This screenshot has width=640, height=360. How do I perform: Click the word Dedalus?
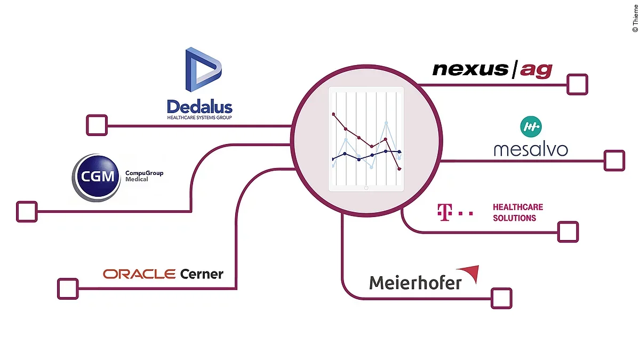(x=199, y=106)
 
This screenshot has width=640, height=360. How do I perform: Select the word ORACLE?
(x=139, y=274)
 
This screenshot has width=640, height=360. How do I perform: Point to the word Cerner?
(x=202, y=274)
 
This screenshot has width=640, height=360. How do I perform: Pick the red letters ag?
(x=536, y=70)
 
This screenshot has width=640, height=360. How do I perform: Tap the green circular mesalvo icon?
(x=531, y=126)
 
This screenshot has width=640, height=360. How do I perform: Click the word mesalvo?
(x=531, y=149)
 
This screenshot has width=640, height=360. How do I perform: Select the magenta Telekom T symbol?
(x=441, y=212)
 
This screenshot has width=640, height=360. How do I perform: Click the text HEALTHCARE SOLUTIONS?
(x=517, y=212)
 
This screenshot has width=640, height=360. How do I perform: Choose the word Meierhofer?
(x=415, y=282)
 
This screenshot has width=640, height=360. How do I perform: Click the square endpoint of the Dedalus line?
(x=97, y=125)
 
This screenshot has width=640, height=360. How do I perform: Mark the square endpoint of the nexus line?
(x=577, y=84)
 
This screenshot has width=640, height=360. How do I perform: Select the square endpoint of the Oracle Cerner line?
(x=68, y=289)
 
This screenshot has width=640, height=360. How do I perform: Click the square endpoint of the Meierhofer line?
(x=501, y=298)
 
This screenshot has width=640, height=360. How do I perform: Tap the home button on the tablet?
(x=366, y=188)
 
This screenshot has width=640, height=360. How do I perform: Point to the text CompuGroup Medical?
(x=144, y=176)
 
